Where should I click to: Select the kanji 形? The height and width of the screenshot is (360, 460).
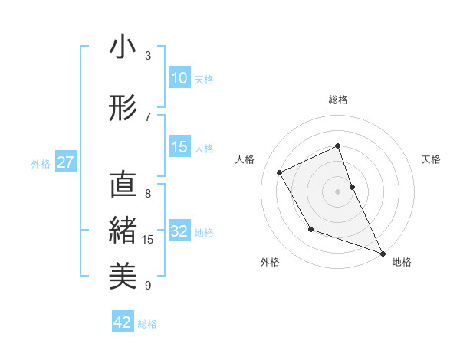123,107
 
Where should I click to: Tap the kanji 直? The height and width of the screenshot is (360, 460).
123,185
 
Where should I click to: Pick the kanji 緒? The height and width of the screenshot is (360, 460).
123,229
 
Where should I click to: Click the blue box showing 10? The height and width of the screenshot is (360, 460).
179,78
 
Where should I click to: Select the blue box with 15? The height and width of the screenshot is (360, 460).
179,148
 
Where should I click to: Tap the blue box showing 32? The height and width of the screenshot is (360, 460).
179,232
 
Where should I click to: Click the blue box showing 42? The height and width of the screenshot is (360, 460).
123,322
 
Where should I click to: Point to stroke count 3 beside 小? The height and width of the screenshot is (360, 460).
148,55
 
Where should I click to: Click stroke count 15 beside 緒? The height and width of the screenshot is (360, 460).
148,240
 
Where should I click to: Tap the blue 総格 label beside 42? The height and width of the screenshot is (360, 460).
147,324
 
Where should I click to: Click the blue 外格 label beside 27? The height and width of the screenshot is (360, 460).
41,163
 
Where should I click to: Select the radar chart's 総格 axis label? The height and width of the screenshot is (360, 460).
337,100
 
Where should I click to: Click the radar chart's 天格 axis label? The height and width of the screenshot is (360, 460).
431,159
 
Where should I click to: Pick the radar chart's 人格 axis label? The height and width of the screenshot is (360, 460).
245,159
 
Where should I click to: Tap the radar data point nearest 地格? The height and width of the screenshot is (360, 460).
383,254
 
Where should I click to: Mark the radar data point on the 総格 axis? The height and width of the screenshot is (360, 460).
337,146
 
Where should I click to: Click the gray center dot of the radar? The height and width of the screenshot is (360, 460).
337,191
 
